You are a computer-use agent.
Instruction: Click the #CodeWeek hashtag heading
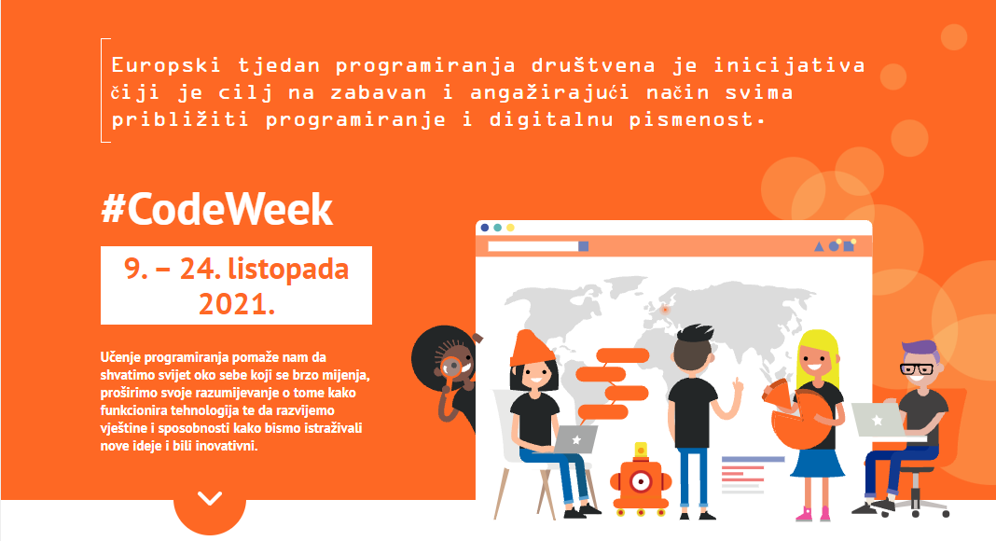[x=216, y=209]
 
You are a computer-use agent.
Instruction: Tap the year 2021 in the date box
[x=236, y=304]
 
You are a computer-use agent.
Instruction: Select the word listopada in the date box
[x=288, y=270]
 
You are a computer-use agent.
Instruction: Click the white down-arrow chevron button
[x=210, y=498]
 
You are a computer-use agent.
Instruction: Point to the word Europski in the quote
[x=166, y=66]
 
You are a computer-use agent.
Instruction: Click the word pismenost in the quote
[x=692, y=120]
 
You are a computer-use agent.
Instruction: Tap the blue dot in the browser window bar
[x=485, y=228]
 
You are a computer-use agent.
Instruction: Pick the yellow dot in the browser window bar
[x=510, y=228]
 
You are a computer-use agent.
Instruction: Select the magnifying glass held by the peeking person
[x=450, y=367]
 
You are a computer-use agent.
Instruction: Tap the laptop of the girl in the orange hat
[x=575, y=439]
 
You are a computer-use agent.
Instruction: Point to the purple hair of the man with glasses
[x=920, y=352]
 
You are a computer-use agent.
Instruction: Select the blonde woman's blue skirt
[x=817, y=463]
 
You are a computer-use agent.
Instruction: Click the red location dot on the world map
[x=664, y=310]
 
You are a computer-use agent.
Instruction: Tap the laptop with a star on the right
[x=878, y=420]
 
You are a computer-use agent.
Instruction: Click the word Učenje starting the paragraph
[x=121, y=357]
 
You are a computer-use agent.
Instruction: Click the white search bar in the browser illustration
[x=533, y=245]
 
